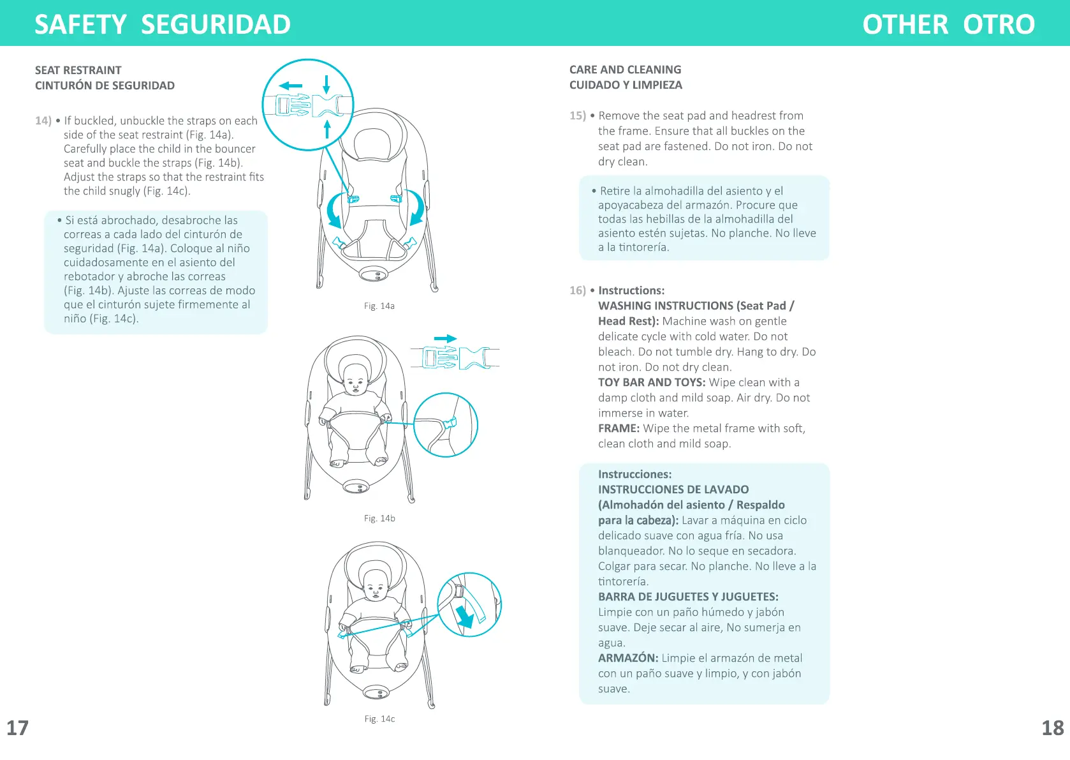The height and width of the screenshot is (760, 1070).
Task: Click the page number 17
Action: pos(17,728)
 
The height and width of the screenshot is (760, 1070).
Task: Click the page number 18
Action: pos(1052,728)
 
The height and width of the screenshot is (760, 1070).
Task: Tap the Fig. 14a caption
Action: pos(379,306)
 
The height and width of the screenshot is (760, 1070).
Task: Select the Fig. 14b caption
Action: pos(379,519)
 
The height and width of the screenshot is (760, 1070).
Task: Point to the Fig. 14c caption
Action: pos(379,719)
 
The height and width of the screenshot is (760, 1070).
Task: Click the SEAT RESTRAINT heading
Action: pos(78,70)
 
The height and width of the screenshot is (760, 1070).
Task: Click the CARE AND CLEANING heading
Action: pos(625,70)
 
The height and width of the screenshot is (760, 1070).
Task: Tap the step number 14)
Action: pos(43,121)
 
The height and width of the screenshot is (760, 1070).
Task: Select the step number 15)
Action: pos(577,115)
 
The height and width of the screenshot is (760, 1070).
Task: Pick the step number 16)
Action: pos(577,290)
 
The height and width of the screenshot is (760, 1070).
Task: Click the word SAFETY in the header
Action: pos(80,24)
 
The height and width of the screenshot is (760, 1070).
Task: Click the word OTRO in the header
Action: pos(999,24)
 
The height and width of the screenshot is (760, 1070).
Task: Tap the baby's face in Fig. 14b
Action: pos(355,384)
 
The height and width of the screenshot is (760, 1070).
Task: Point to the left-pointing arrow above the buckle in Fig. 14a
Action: pos(291,86)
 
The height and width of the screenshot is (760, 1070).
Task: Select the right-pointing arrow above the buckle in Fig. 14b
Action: pos(445,339)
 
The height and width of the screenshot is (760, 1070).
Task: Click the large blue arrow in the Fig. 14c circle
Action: pos(465,616)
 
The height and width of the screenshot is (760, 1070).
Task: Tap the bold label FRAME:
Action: pos(619,428)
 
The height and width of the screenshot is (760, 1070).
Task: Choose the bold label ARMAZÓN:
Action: pos(627,658)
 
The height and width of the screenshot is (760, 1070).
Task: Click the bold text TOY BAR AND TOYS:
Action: pos(651,382)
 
